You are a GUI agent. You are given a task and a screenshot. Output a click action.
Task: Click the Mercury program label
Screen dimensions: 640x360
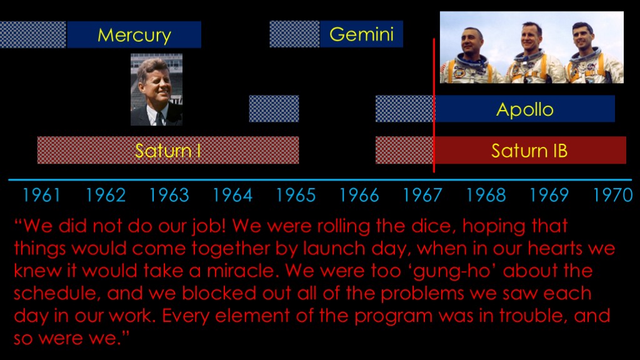click(x=134, y=36)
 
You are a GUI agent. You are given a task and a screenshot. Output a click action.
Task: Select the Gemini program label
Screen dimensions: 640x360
click(x=362, y=34)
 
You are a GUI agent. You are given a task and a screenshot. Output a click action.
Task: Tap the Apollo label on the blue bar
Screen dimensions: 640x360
click(x=525, y=109)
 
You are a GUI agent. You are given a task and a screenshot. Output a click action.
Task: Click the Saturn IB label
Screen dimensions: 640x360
click(x=529, y=151)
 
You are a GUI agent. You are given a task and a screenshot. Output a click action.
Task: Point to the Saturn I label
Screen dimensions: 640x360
click(x=167, y=151)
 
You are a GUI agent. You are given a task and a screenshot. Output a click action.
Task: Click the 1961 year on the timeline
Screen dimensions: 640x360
click(x=41, y=195)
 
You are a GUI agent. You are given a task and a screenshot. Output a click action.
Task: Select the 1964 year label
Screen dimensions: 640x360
click(x=232, y=195)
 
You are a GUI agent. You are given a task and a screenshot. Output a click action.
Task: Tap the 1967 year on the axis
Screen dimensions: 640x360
click(x=422, y=195)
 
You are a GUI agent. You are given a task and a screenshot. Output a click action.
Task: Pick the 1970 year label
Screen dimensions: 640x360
click(x=612, y=195)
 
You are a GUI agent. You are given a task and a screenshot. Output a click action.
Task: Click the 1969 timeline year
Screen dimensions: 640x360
click(x=549, y=195)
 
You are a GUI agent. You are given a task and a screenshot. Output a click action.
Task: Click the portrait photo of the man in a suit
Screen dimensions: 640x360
click(x=156, y=89)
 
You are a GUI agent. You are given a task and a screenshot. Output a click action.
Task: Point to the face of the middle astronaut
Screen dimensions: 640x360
click(x=532, y=37)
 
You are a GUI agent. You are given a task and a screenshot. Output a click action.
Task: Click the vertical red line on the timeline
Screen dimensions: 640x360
click(x=434, y=105)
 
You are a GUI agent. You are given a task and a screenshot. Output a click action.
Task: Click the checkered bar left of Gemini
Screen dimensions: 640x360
click(x=294, y=34)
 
